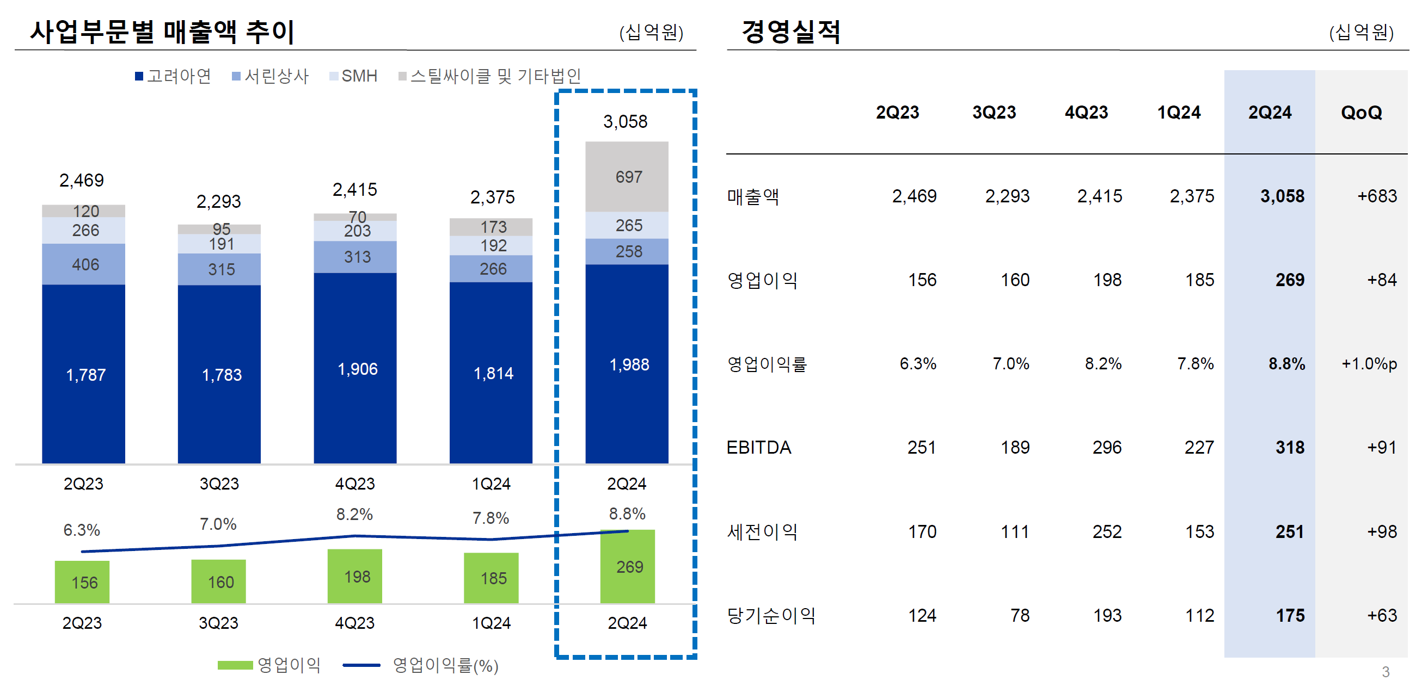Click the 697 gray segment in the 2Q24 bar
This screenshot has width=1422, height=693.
(627, 177)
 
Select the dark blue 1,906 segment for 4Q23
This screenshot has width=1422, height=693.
(355, 368)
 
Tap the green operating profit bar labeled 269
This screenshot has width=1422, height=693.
(628, 567)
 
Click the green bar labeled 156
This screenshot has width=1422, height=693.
(82, 582)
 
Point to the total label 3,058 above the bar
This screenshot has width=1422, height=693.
(625, 121)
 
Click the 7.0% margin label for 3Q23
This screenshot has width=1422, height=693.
(218, 524)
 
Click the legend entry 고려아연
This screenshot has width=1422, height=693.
(173, 76)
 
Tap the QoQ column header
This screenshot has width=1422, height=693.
(1361, 113)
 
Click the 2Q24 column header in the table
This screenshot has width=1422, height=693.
(1270, 113)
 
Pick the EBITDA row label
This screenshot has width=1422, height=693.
(758, 448)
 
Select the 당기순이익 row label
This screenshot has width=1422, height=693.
(771, 615)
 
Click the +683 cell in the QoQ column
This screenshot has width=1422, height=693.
(1377, 196)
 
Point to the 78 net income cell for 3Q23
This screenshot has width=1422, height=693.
(1020, 615)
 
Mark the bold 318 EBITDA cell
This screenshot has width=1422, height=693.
(1290, 448)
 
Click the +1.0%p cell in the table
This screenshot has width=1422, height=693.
(1369, 363)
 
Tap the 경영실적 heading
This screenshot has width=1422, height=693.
(790, 31)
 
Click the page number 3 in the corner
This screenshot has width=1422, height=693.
(1386, 671)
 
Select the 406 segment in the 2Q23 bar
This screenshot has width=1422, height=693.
(84, 264)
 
